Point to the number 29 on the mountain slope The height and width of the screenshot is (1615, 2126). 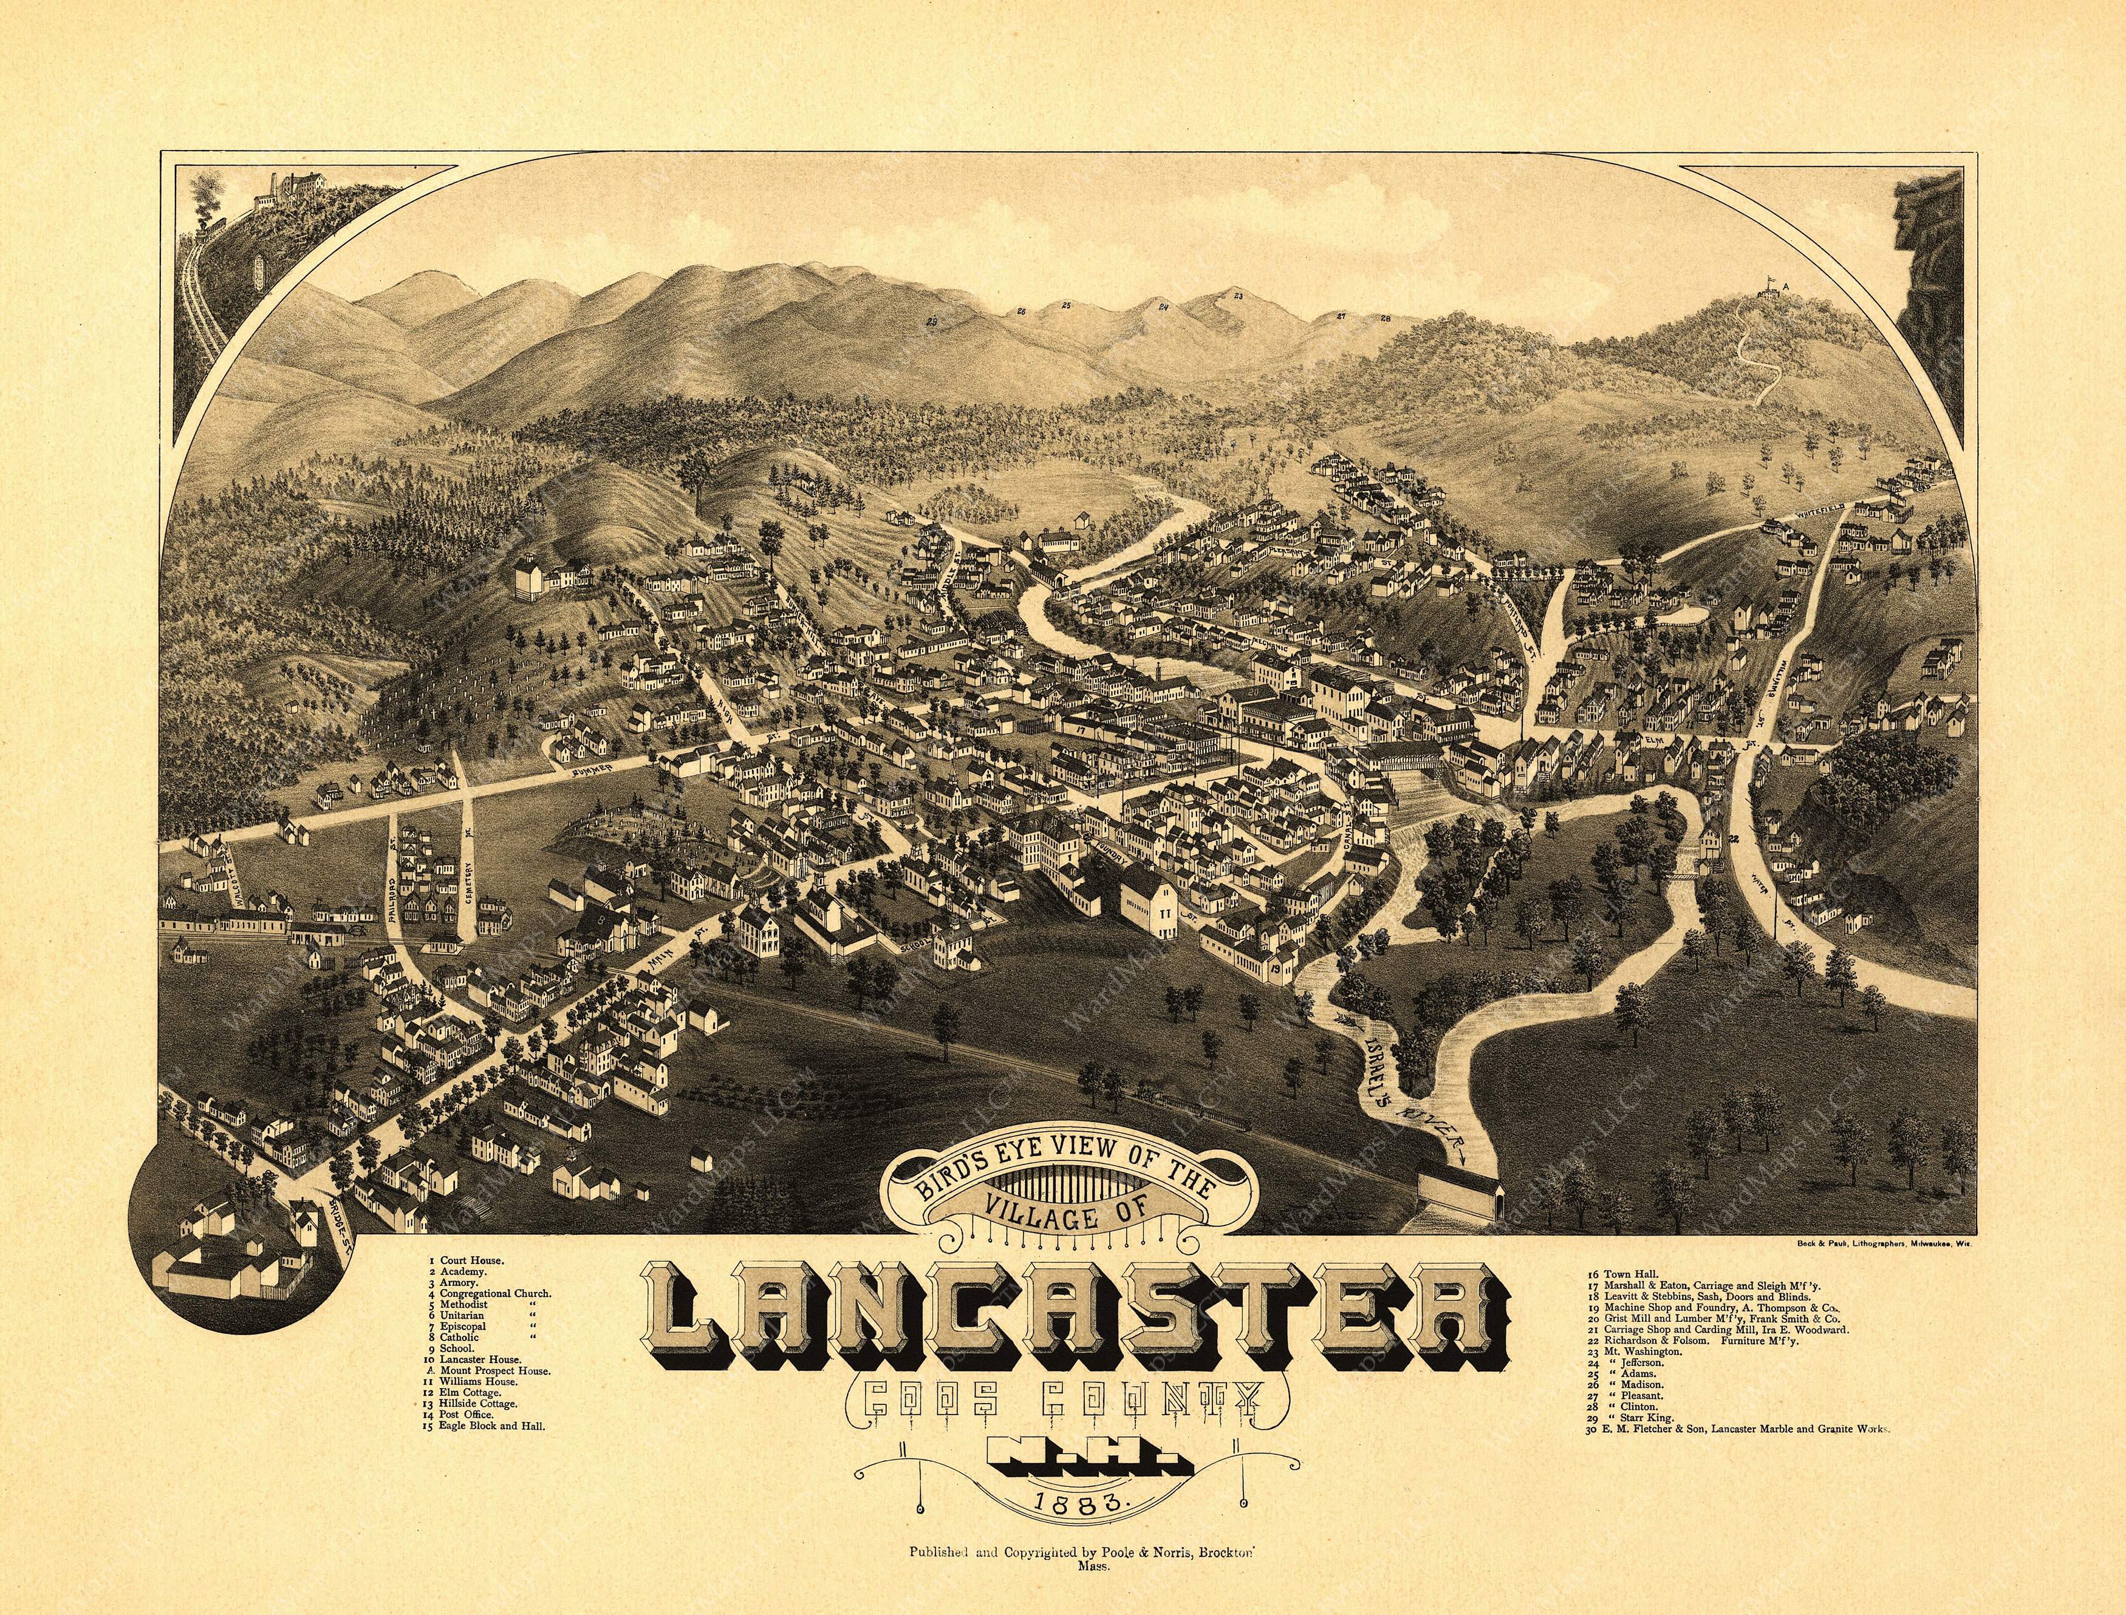(x=931, y=348)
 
